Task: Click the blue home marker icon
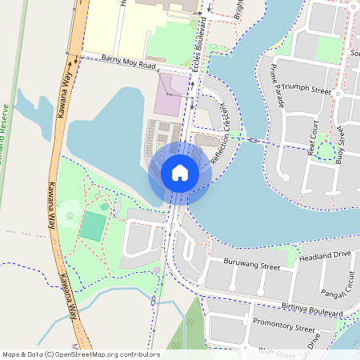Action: point(180,172)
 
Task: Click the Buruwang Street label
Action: point(251,265)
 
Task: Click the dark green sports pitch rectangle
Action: point(92,226)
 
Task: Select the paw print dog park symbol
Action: point(70,214)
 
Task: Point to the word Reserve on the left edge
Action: point(6,120)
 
